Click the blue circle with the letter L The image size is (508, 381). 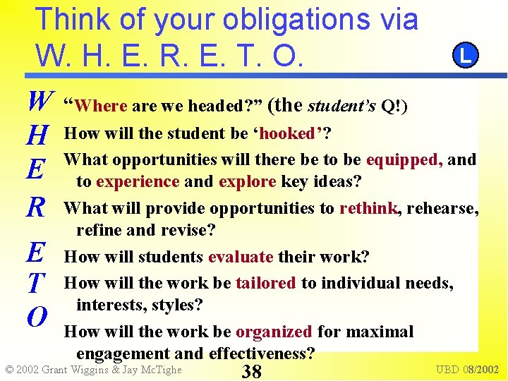pos(465,55)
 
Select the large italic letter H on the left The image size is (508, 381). pos(40,134)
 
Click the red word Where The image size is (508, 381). pos(100,107)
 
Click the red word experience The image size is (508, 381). pos(138,181)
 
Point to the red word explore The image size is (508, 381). pos(247,181)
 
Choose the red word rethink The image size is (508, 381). pos(368,208)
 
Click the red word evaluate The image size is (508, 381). pos(241,257)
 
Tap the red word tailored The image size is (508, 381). pos(265,283)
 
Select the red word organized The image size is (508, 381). pos(274,332)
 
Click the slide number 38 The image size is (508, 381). pos(252,372)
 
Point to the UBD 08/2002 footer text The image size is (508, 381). pos(467,370)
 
